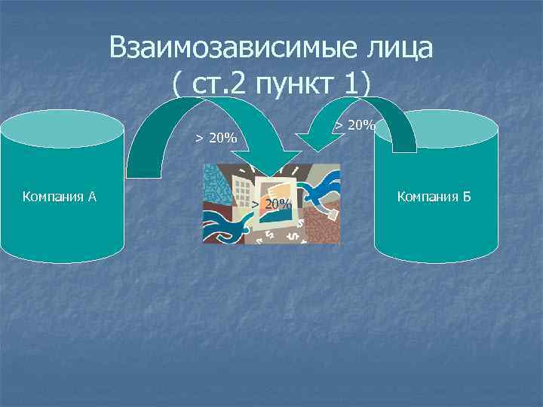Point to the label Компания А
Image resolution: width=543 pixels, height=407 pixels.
tap(60, 197)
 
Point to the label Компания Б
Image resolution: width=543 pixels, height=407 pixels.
tap(434, 197)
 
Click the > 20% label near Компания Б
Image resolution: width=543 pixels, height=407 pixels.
tap(354, 125)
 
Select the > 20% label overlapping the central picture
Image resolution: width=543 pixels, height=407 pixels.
tap(272, 204)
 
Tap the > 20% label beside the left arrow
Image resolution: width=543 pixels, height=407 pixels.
tap(216, 138)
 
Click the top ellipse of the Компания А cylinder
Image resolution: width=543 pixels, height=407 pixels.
tap(62, 130)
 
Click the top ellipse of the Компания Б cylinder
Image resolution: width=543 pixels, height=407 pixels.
tap(437, 130)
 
